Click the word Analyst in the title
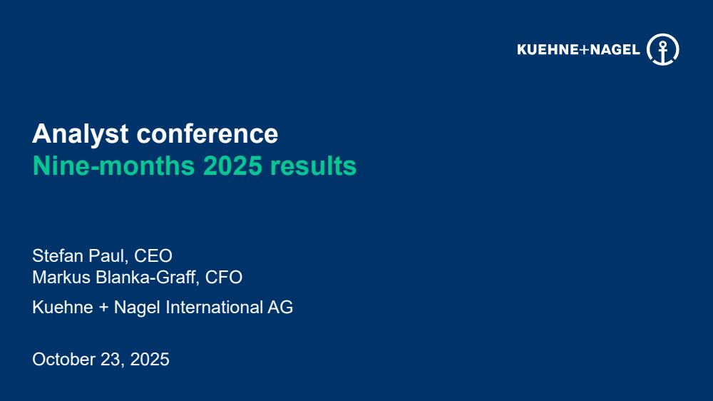[x=80, y=134]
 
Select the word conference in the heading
[x=207, y=133]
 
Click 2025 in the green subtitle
[x=232, y=166]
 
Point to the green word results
[x=313, y=166]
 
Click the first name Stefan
[x=58, y=256]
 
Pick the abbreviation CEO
[x=153, y=256]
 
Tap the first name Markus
[x=61, y=277]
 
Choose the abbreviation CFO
[x=224, y=277]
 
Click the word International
[x=214, y=308]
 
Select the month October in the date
[x=63, y=360]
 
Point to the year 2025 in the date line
[x=150, y=360]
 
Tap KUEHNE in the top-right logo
[x=547, y=50]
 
